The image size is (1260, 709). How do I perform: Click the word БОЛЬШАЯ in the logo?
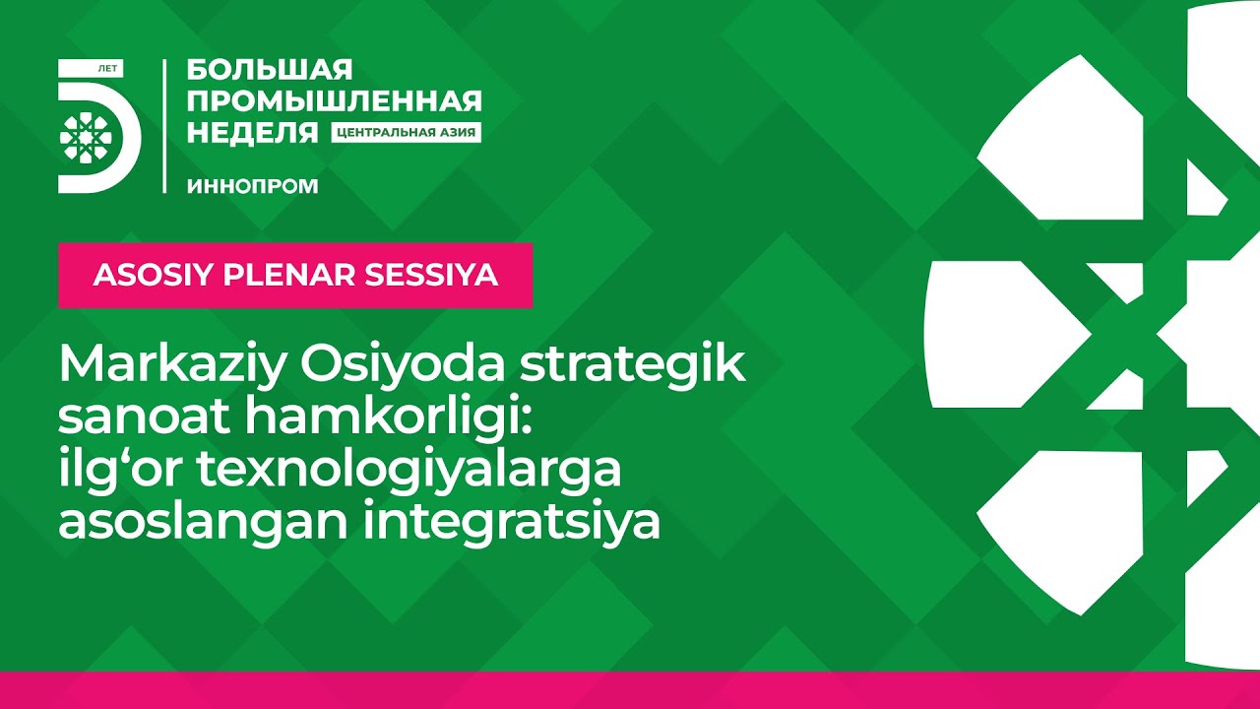[270, 70]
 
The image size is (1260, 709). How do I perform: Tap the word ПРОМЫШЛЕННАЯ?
[334, 101]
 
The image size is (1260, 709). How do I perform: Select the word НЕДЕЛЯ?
[253, 133]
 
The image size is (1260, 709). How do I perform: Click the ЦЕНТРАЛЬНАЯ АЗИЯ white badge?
[407, 133]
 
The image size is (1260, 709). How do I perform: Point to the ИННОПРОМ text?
[253, 186]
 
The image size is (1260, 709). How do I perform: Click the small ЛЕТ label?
[107, 69]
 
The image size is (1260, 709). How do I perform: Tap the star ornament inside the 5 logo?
[86, 137]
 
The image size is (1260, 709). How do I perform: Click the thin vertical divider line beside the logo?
[164, 126]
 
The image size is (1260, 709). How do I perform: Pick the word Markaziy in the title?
[171, 366]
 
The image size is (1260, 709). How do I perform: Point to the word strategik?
[633, 366]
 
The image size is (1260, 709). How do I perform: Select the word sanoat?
[144, 418]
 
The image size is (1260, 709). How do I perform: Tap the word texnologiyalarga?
[409, 472]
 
